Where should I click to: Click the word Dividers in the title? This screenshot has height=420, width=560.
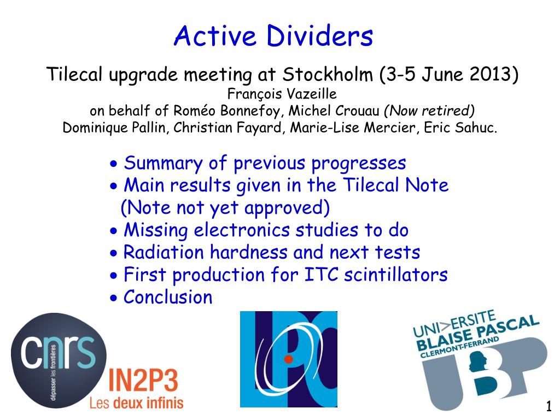coord(319,36)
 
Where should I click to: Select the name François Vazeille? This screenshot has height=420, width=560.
coord(282,94)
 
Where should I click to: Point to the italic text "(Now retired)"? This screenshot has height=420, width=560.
coord(429,110)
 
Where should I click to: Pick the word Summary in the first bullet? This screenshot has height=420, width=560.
coord(163,164)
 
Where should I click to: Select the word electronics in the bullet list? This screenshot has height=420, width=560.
coord(241,230)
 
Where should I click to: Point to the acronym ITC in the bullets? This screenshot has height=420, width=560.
coord(320,275)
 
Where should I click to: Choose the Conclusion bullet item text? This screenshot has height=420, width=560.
coord(168,297)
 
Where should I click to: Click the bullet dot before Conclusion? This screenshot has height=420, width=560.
coord(114,298)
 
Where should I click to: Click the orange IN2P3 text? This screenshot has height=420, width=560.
coord(143,381)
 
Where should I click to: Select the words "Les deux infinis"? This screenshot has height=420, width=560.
coord(136,403)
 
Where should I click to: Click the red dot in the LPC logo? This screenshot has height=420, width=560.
coord(289,359)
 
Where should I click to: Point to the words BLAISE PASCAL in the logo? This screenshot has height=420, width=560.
coord(477,333)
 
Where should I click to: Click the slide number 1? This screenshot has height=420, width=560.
coord(549,406)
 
